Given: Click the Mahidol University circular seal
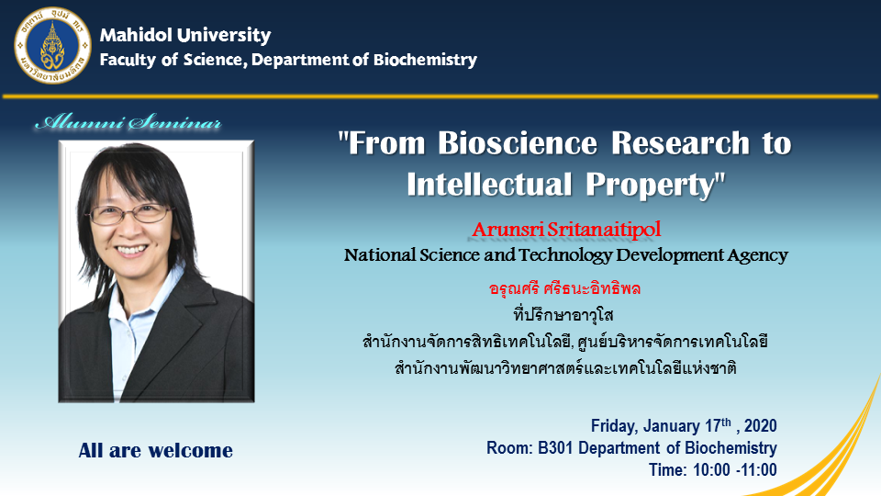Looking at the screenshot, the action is pos(52,46).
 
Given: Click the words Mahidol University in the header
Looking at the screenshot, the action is pos(185,36).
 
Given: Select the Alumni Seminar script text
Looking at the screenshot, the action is pos(128,122).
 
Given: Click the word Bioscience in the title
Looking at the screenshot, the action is pos(518,143).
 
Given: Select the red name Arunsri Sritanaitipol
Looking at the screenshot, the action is pos(566,230).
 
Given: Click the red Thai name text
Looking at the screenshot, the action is pos(564,289).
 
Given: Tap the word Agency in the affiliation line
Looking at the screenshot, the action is pos(758,256).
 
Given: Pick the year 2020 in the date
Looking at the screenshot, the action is pos(760,425).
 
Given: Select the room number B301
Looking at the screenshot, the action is pos(556,448).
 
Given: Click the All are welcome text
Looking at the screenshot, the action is pos(156,450).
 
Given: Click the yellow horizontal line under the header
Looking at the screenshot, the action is pos(440,96).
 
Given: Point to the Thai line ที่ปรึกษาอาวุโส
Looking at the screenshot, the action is pos(563,314).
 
